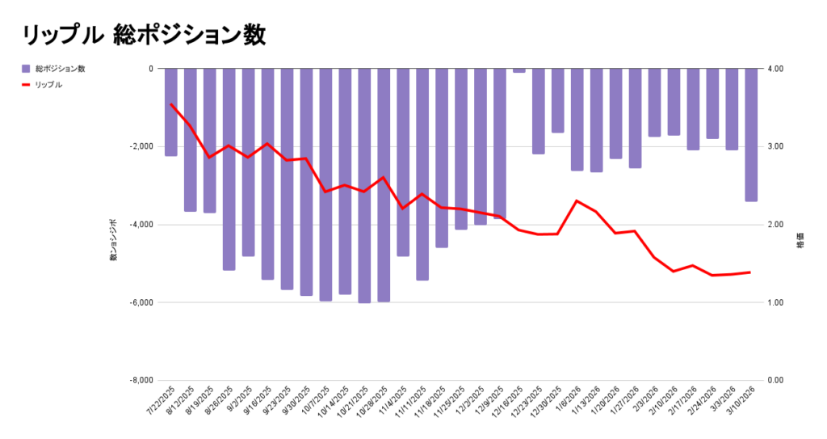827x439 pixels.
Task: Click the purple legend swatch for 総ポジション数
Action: click(x=27, y=69)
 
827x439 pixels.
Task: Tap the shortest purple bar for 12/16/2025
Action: click(x=519, y=70)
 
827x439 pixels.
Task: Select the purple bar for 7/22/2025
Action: click(x=171, y=112)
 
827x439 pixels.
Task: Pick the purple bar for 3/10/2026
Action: click(x=751, y=134)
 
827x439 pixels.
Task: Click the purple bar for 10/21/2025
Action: click(x=364, y=185)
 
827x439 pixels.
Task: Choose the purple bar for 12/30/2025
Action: click(x=558, y=100)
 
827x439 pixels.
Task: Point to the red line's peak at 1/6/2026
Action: click(x=577, y=201)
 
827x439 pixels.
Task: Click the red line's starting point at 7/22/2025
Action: click(x=171, y=104)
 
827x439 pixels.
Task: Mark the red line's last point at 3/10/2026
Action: click(x=751, y=272)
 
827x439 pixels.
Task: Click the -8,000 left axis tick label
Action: click(x=139, y=380)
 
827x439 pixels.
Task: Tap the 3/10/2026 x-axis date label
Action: click(x=743, y=402)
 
